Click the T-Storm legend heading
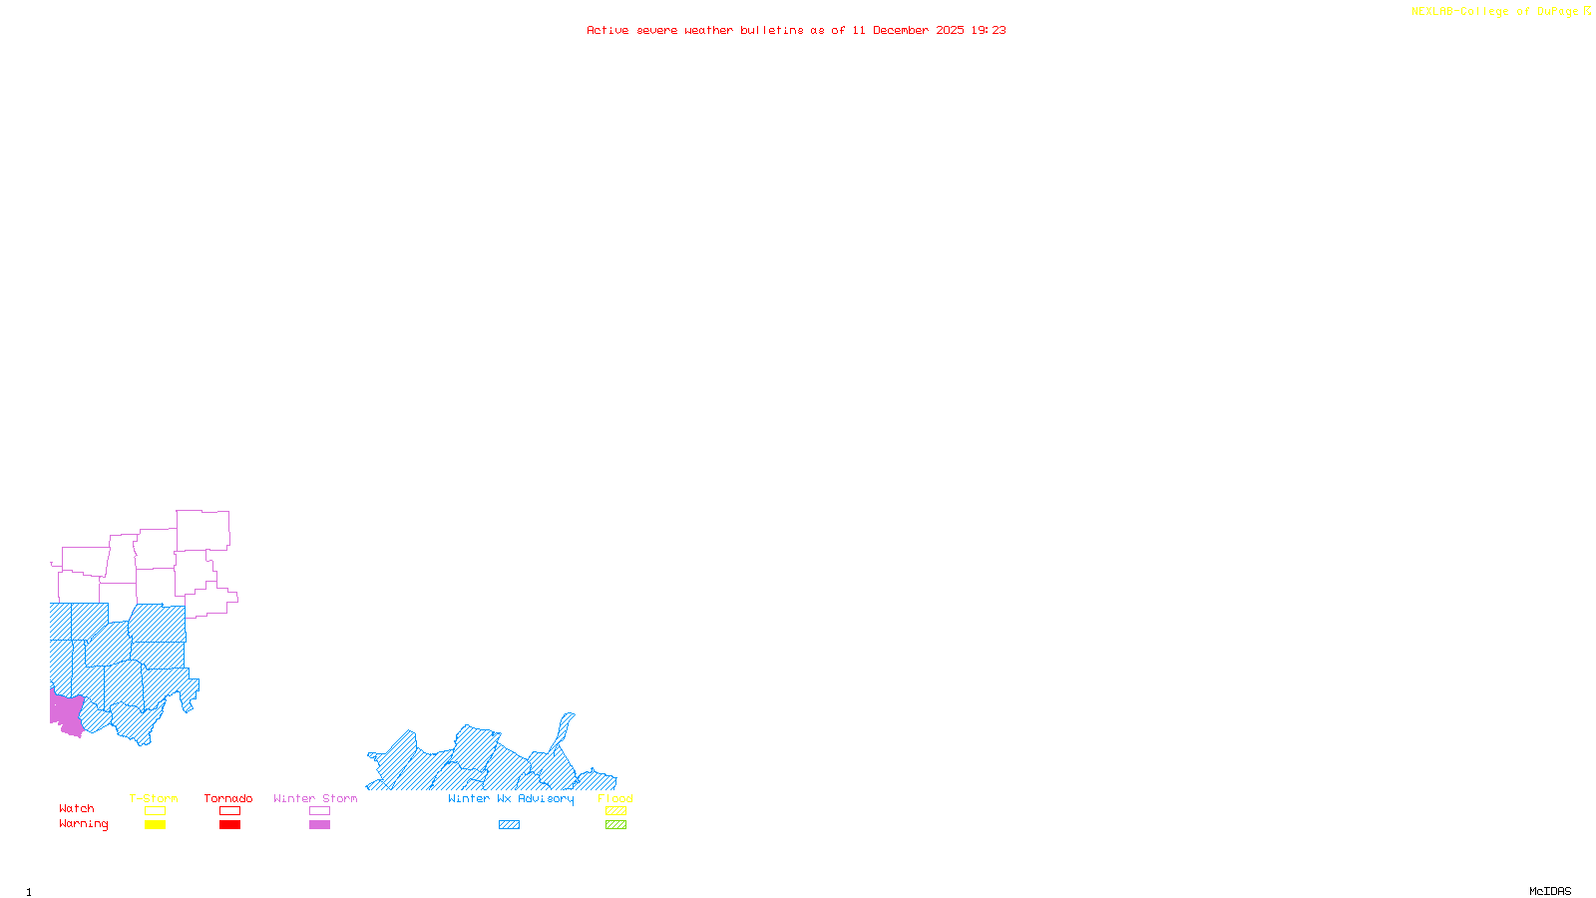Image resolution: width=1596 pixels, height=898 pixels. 154,798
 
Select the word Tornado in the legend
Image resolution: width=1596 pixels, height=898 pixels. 228,798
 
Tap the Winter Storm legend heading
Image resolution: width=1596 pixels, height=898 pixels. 315,798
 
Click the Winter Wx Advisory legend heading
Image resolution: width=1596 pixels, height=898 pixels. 511,798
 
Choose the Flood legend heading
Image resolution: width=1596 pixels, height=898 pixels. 615,798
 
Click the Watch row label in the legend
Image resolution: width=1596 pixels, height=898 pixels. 77,808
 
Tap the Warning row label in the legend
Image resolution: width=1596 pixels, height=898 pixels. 84,824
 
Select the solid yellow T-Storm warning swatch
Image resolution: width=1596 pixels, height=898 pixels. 155,825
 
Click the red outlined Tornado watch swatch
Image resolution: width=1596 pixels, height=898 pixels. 229,811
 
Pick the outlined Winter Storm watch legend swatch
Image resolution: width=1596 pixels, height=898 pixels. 319,811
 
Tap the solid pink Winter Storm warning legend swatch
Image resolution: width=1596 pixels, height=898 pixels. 319,825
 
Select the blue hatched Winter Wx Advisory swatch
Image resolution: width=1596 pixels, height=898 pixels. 509,825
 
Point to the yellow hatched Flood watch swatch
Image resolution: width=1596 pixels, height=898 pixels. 615,811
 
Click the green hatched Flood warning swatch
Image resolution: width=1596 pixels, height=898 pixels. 615,825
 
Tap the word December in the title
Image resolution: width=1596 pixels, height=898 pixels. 901,30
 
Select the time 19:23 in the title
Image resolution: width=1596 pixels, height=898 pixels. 989,30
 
